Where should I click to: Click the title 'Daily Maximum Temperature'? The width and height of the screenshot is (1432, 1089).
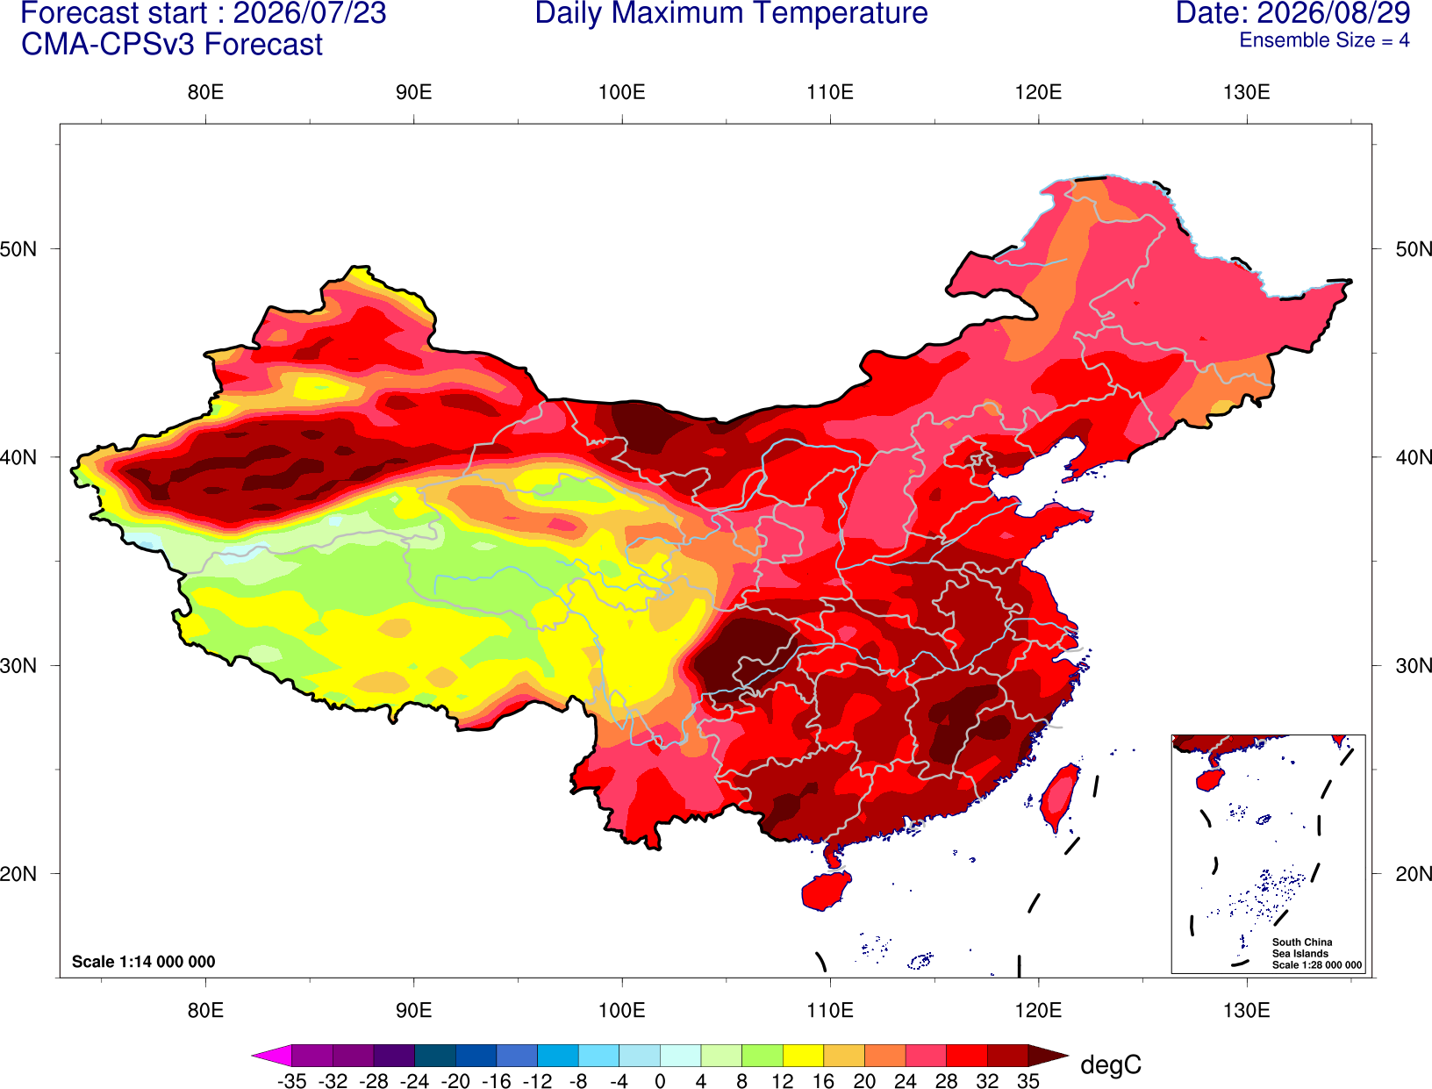pyautogui.click(x=731, y=13)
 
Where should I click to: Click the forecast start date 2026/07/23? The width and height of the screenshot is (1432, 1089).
pyautogui.click(x=309, y=13)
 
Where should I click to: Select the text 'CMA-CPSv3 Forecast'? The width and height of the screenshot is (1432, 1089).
pyautogui.click(x=172, y=45)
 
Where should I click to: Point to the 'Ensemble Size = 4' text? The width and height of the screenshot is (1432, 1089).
pyautogui.click(x=1324, y=40)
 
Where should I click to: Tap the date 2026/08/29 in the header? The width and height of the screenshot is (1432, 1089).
pyautogui.click(x=1334, y=13)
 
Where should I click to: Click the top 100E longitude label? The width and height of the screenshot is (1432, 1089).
pyautogui.click(x=622, y=92)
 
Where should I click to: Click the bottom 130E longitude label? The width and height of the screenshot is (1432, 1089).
pyautogui.click(x=1246, y=1011)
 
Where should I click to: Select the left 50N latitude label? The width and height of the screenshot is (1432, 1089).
pyautogui.click(x=18, y=248)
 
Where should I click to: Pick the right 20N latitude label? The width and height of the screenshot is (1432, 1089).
pyautogui.click(x=1413, y=874)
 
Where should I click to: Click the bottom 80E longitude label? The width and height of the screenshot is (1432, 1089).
pyautogui.click(x=205, y=1011)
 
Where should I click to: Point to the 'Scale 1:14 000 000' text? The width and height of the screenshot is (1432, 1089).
pyautogui.click(x=144, y=962)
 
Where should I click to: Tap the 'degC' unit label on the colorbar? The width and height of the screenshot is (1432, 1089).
pyautogui.click(x=1111, y=1064)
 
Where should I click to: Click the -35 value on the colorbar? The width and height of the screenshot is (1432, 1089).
pyautogui.click(x=291, y=1081)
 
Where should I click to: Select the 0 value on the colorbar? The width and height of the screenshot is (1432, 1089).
pyautogui.click(x=660, y=1081)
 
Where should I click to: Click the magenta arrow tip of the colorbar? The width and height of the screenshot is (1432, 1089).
pyautogui.click(x=253, y=1055)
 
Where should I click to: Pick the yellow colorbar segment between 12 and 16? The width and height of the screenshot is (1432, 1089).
pyautogui.click(x=803, y=1055)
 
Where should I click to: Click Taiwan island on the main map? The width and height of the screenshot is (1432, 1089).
pyautogui.click(x=1058, y=798)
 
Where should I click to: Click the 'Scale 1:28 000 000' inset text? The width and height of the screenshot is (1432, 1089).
pyautogui.click(x=1316, y=965)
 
